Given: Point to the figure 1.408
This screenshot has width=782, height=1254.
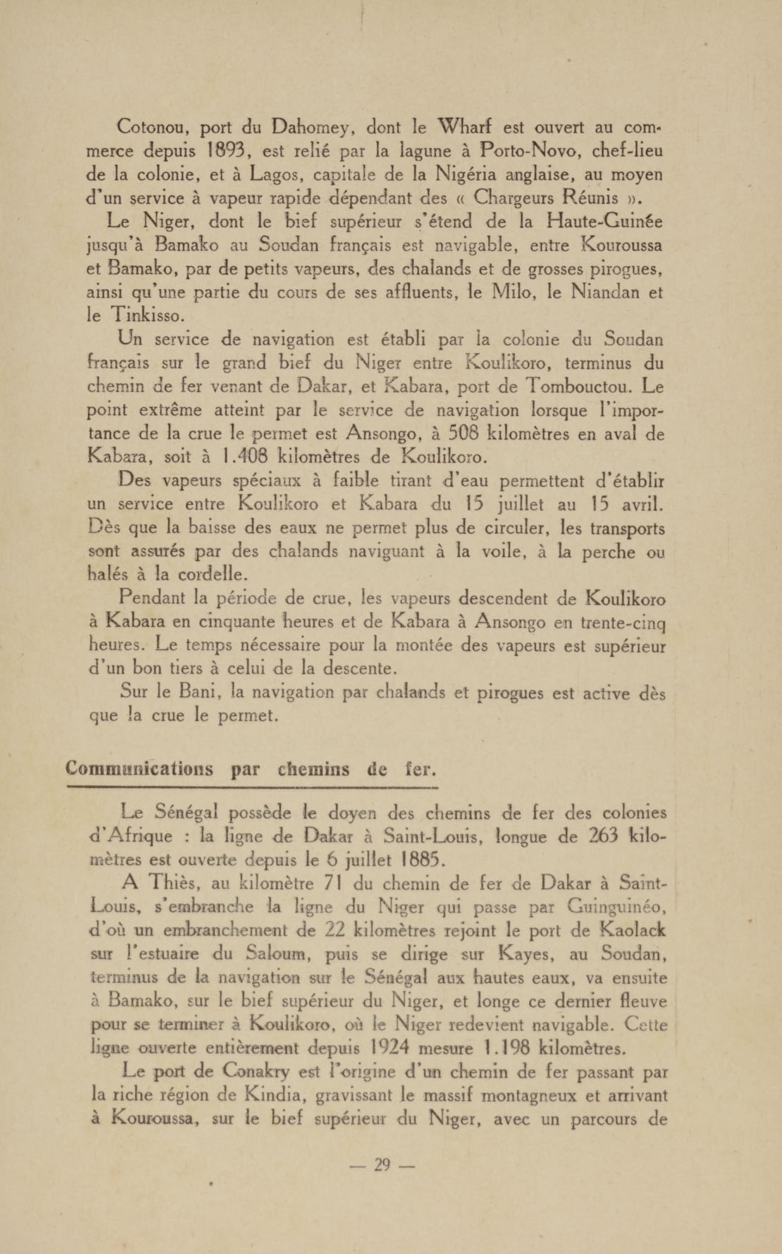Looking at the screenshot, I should (x=243, y=457).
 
